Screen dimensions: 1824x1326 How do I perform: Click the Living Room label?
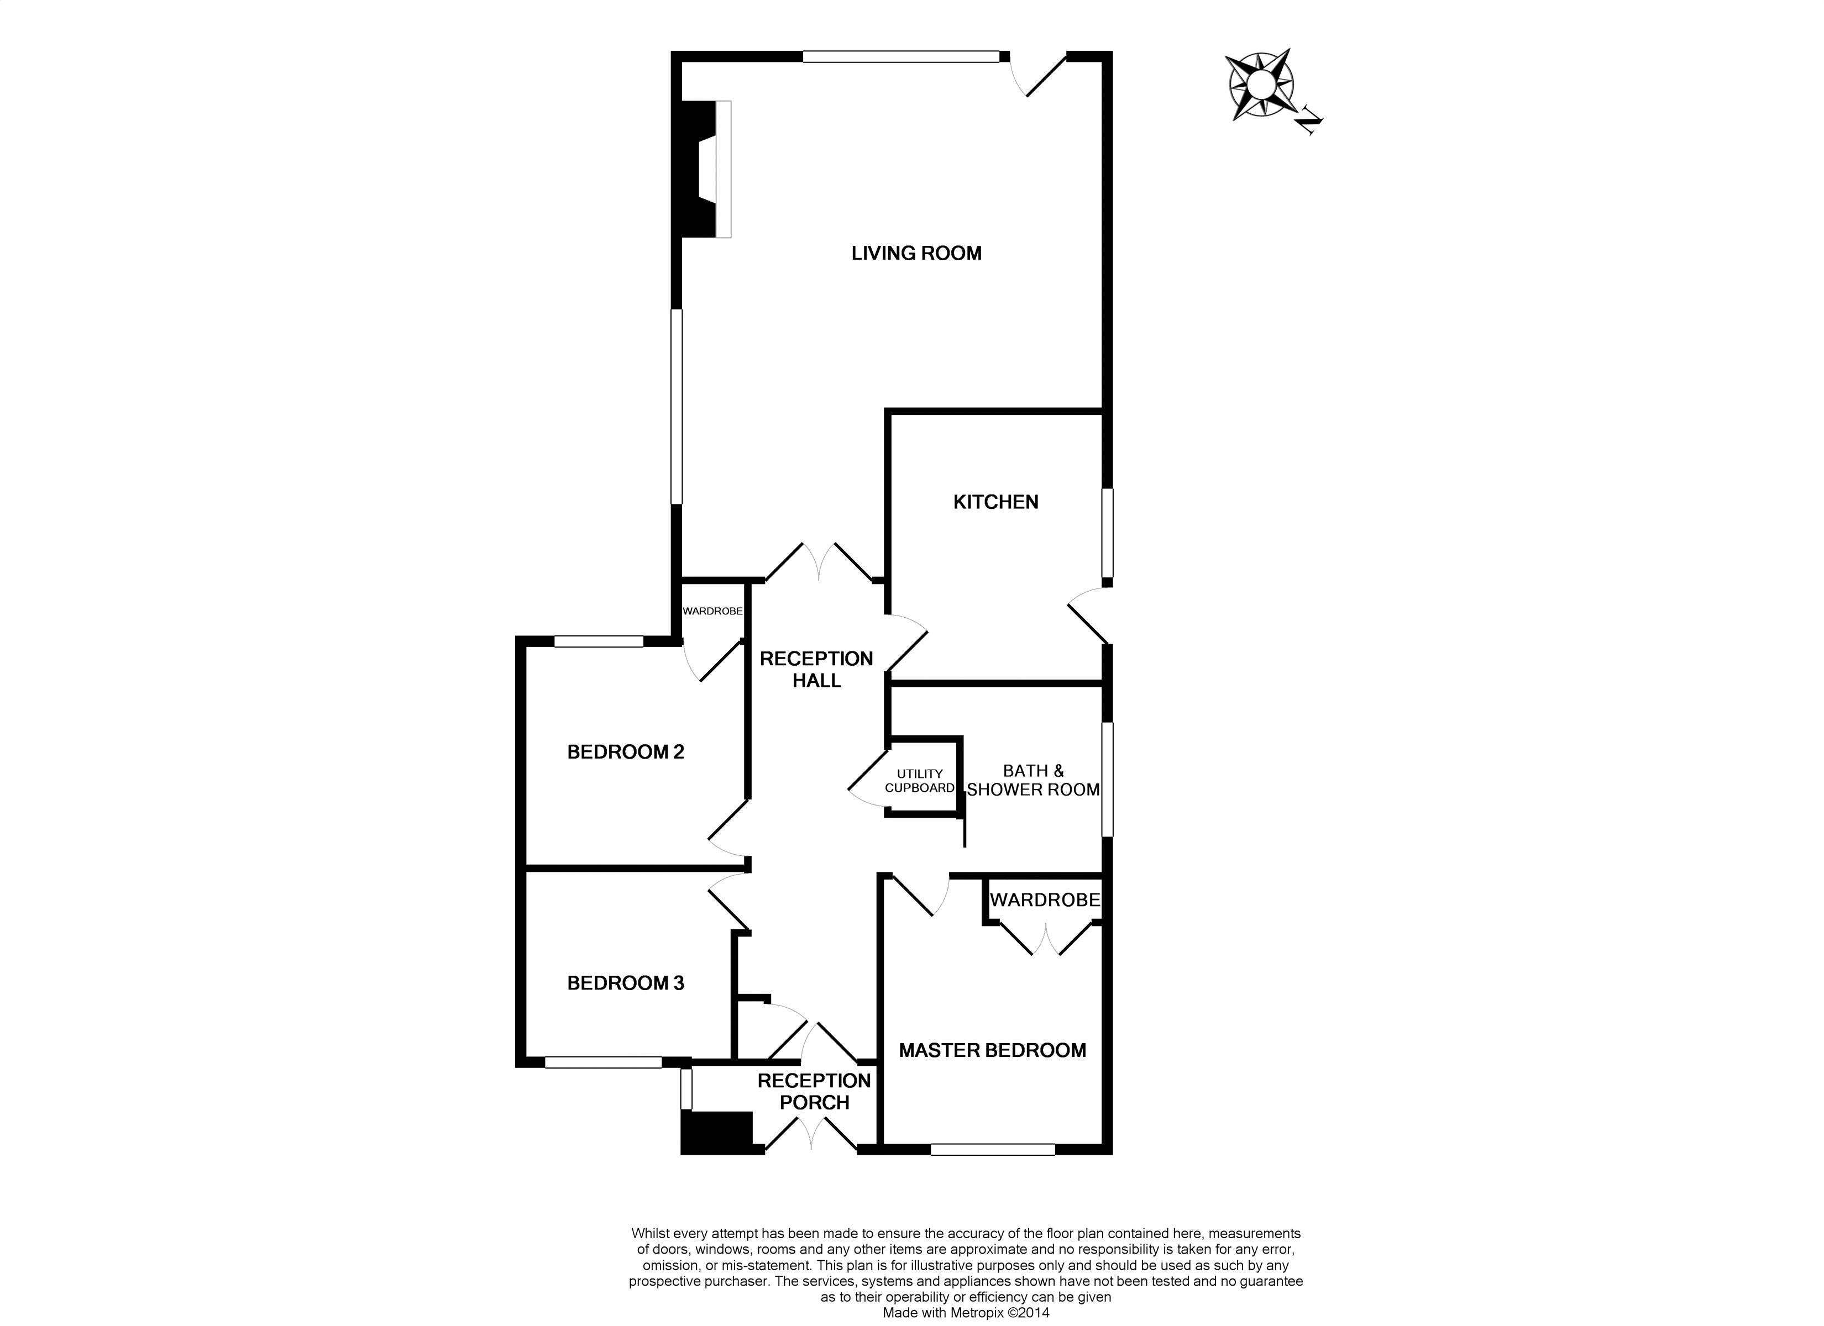[916, 253]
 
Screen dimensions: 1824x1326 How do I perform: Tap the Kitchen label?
[995, 502]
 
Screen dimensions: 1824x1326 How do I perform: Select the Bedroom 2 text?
[625, 752]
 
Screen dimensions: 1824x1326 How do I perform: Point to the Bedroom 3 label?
[625, 983]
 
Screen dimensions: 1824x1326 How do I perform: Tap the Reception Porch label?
[814, 1091]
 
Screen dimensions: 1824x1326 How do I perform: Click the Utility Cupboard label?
[919, 781]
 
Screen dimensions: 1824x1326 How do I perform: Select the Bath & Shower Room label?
[1034, 781]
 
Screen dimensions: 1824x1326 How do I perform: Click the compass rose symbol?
[1260, 85]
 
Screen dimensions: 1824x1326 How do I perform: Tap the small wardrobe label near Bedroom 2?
[712, 611]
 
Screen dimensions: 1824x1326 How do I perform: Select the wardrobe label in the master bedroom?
[1044, 900]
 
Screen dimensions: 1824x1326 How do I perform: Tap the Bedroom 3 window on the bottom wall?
[602, 1062]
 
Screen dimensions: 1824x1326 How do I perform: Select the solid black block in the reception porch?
[716, 1132]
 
